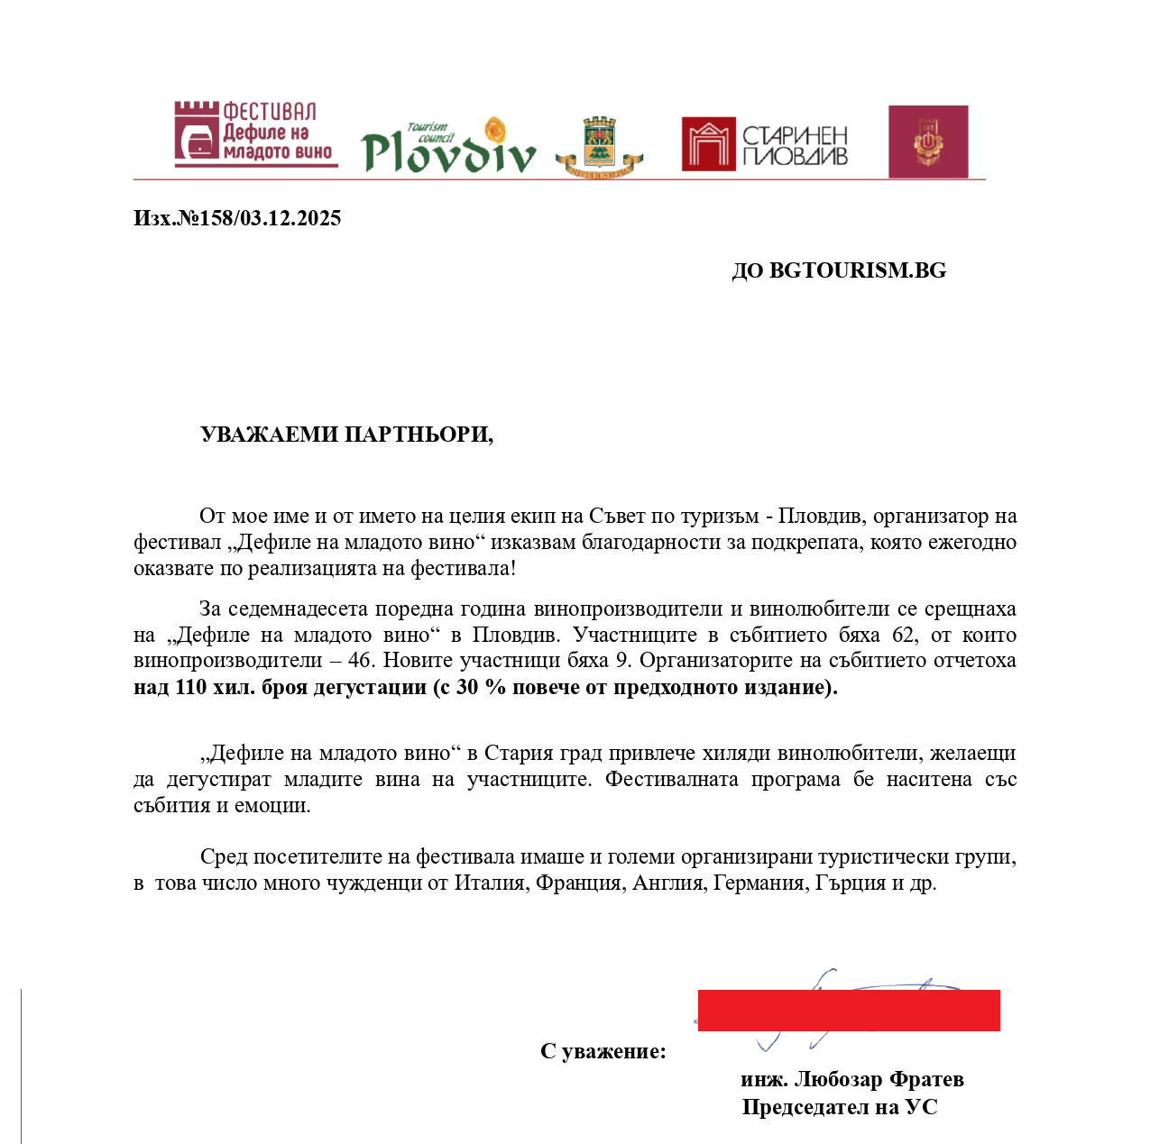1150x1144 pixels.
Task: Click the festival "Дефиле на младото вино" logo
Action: click(x=254, y=134)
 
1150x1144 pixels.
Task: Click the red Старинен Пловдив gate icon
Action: click(x=708, y=144)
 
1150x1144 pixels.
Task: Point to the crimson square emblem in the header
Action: click(x=928, y=142)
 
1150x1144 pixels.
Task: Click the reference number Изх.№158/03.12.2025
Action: click(x=237, y=218)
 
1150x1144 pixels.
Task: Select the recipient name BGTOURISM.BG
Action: click(x=857, y=270)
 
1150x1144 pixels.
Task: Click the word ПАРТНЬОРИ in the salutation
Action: click(x=419, y=435)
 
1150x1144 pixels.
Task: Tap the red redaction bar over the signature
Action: click(x=848, y=1010)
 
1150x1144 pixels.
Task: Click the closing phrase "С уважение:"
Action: click(x=603, y=1051)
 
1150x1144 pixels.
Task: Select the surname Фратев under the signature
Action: click(x=926, y=1079)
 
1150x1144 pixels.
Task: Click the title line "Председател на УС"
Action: click(x=840, y=1107)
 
